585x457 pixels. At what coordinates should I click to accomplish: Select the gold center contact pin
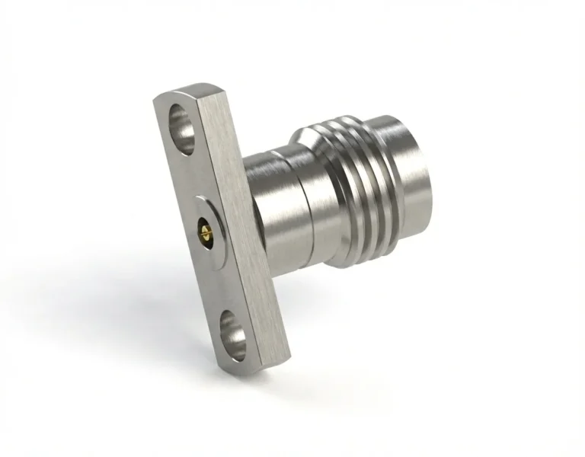(x=204, y=226)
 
